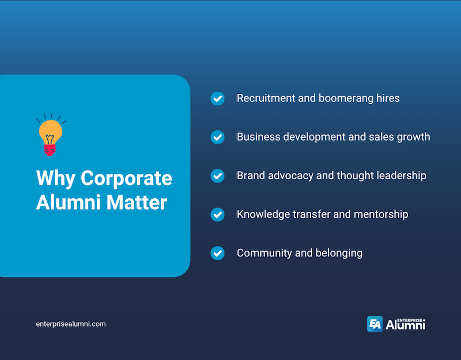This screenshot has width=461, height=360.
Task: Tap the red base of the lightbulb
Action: point(50,150)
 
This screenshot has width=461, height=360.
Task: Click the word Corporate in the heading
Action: point(126,178)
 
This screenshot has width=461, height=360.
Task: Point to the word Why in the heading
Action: point(56,178)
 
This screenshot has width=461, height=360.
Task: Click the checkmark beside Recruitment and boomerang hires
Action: point(217,98)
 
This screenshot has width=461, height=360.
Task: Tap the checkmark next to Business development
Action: point(217,137)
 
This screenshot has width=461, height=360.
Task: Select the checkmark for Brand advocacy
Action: point(217,176)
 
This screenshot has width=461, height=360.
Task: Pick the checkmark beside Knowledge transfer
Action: point(217,214)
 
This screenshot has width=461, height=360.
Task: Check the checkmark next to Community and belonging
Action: point(217,253)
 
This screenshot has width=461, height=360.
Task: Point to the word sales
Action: point(379,137)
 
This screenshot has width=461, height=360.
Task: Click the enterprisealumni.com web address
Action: point(71,324)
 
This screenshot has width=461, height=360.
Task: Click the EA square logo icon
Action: point(375,324)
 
